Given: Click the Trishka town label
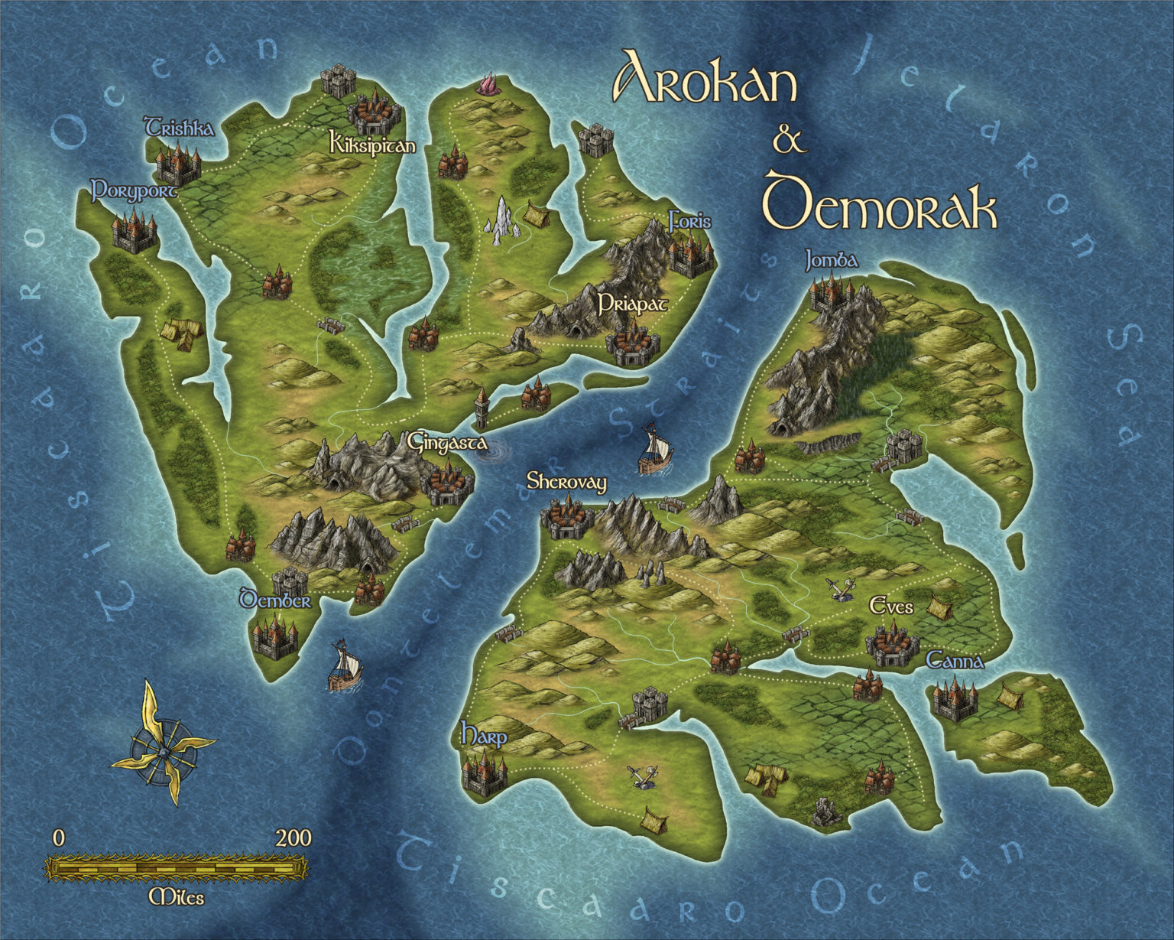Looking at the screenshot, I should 180,128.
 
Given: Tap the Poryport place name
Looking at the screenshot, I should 134,190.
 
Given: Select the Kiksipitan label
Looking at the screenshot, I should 372,144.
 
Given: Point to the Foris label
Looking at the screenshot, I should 689,222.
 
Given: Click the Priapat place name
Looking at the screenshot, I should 633,304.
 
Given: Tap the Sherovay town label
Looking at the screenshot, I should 566,482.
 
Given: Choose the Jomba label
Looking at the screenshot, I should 832,262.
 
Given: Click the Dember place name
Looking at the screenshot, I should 275,600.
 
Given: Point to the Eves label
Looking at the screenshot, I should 891,607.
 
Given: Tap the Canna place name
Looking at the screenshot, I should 955,661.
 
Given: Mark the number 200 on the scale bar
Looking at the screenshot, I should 293,838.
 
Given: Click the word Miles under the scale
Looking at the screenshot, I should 177,897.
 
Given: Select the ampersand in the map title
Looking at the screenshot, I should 790,139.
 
